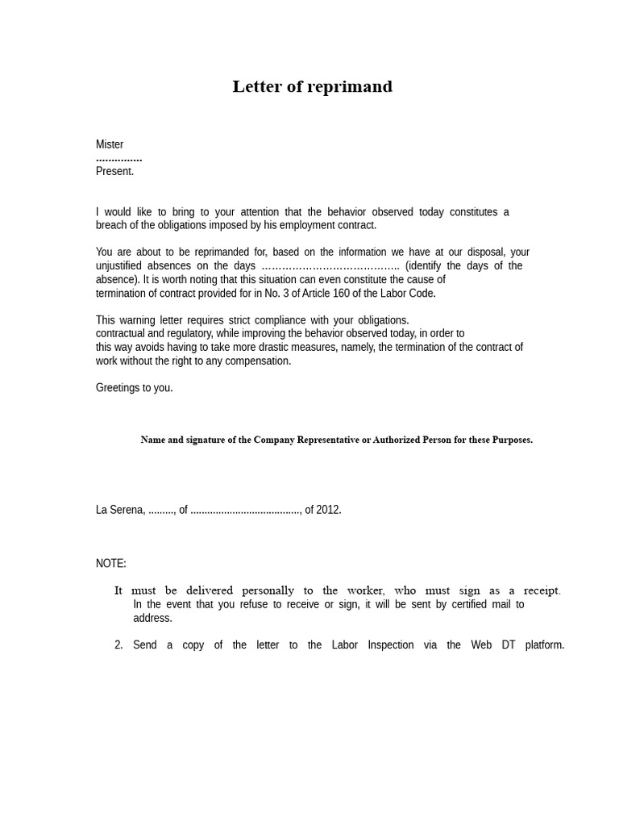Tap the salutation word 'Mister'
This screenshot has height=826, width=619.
coord(110,144)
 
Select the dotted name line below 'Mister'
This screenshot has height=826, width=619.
coord(118,159)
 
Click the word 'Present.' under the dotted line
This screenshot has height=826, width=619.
coord(114,171)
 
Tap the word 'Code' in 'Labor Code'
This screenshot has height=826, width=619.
coord(422,293)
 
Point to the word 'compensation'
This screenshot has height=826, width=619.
coord(258,361)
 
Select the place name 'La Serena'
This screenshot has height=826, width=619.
coord(119,510)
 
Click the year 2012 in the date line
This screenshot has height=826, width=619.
coord(328,510)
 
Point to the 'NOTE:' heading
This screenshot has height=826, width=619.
coord(111,563)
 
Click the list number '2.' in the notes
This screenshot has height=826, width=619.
coord(118,645)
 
